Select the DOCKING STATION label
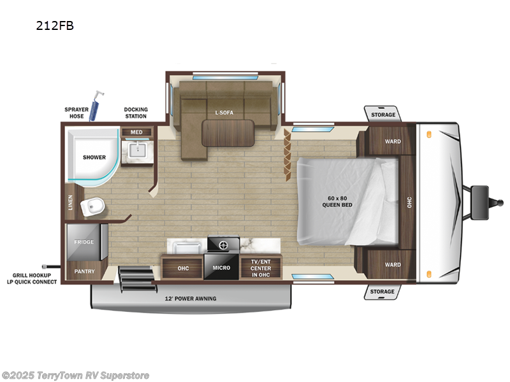[136, 113]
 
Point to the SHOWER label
[93, 157]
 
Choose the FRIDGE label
[84, 242]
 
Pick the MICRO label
[221, 268]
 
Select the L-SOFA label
[224, 113]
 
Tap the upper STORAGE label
[383, 115]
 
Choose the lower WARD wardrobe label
[393, 265]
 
